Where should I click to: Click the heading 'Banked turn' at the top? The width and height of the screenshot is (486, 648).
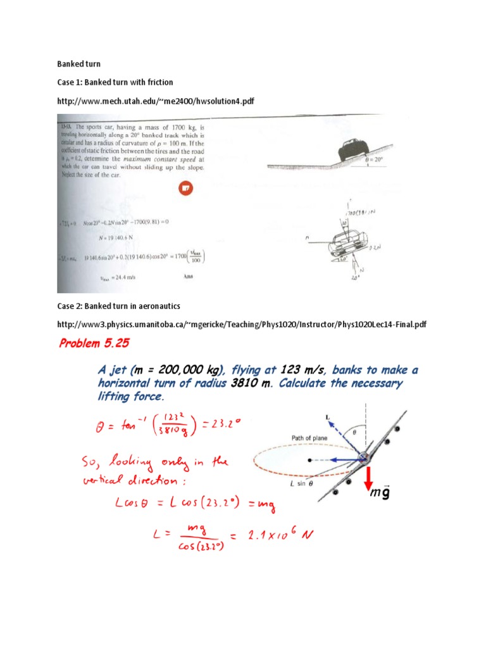78,64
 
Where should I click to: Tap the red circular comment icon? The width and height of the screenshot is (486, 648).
185,188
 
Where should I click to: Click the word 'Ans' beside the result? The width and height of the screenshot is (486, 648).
188,277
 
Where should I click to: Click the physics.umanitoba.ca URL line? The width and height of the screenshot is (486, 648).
241,324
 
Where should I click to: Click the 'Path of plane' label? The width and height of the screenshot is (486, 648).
295,437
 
